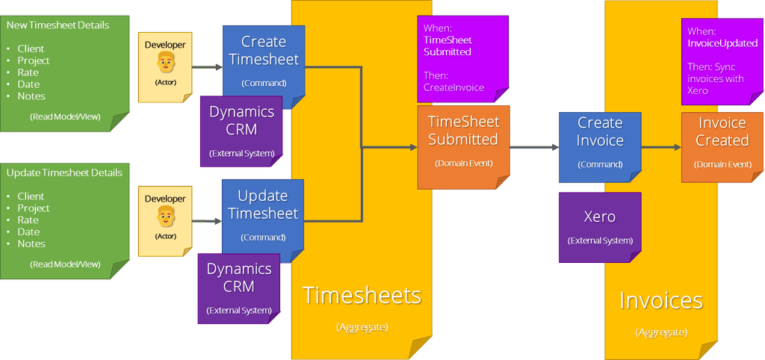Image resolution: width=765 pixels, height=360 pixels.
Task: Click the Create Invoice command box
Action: point(600,146)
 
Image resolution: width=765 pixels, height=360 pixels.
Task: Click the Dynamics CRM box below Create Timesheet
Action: point(241,131)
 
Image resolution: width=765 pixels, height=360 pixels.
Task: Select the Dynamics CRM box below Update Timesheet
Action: point(239,288)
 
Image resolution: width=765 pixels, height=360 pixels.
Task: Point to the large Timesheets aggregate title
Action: point(362,295)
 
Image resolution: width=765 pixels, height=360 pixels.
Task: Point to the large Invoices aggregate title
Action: point(661,300)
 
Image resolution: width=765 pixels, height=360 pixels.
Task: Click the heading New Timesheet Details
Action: point(58,25)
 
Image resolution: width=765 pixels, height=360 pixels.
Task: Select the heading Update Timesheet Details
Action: point(64,173)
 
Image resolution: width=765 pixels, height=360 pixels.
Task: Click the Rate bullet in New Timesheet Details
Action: point(28,72)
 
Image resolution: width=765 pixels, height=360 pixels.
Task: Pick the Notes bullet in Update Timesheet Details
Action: point(31,243)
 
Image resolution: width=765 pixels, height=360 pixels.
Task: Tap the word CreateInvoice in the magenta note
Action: point(453,87)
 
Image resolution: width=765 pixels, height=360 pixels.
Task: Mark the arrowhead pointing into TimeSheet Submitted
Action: point(413,147)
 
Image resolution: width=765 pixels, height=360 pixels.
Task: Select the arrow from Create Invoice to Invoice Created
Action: point(660,147)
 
